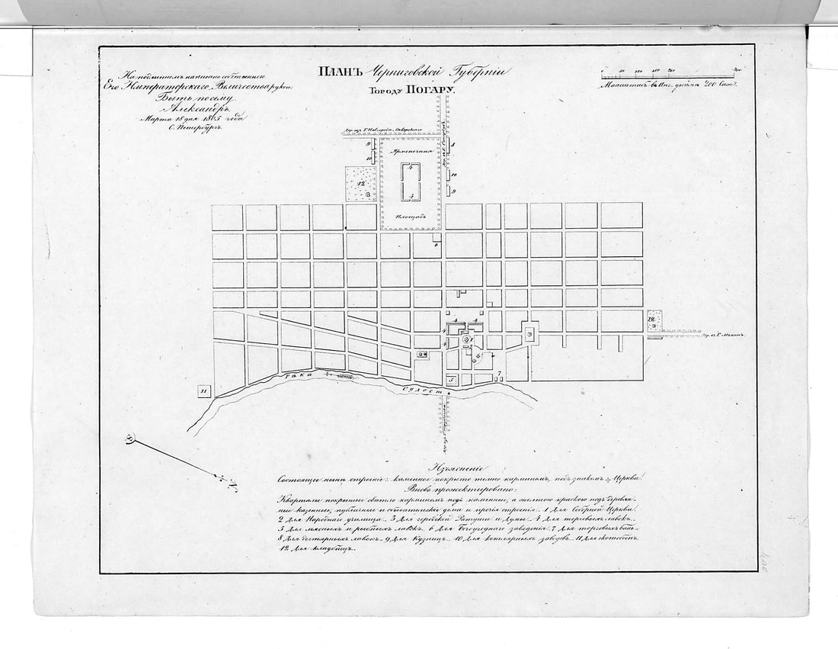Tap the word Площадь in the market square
(x=411, y=217)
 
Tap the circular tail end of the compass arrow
(x=130, y=439)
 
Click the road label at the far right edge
(x=724, y=334)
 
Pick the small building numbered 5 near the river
(x=450, y=378)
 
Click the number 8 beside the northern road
(x=453, y=143)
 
